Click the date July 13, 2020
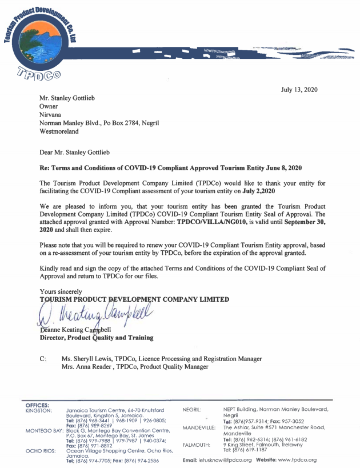[299, 90]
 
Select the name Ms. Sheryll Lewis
[87, 358]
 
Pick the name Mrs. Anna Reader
[88, 366]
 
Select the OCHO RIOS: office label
[40, 450]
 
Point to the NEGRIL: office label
[192, 410]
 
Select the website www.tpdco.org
[298, 460]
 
